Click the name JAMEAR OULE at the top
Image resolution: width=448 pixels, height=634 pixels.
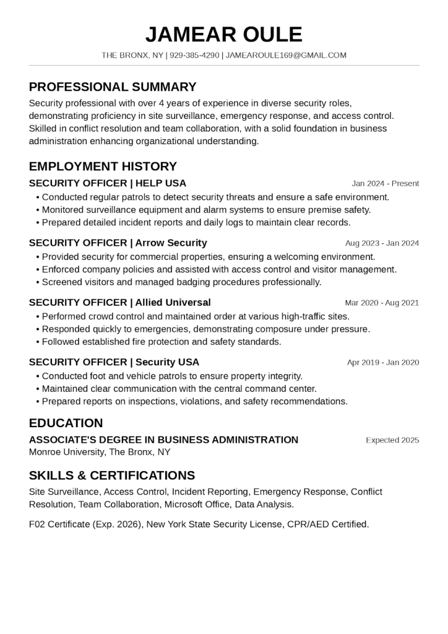224,34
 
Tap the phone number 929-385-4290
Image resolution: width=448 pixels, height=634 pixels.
194,55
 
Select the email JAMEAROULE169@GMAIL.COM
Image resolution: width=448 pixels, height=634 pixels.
286,55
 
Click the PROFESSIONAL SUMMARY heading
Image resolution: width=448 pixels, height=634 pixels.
113,87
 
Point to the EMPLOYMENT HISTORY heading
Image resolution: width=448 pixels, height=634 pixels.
103,166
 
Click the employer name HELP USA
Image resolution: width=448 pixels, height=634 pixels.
160,183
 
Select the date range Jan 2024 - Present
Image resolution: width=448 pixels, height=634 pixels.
385,183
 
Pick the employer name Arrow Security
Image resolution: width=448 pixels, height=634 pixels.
171,243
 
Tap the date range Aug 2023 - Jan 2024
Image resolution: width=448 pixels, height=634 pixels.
382,243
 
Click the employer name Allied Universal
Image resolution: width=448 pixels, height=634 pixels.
173,302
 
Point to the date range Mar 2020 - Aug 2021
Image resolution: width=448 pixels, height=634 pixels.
382,303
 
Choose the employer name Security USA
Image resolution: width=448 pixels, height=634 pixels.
167,362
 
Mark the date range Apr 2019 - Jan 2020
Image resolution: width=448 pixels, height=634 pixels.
382,362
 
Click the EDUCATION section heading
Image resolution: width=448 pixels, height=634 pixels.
66,423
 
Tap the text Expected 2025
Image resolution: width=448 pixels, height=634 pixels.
392,440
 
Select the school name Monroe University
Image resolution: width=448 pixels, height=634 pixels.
67,452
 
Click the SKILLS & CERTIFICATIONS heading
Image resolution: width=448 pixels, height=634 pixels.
112,475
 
